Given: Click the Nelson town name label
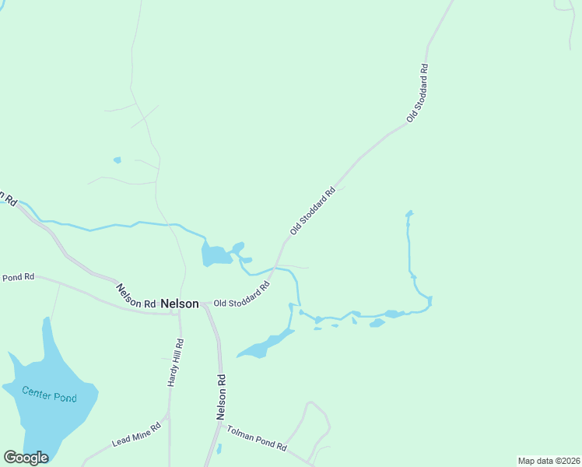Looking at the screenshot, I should (x=180, y=304).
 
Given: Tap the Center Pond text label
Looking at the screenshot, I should (x=49, y=395).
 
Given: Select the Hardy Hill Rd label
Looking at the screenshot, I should (x=175, y=363).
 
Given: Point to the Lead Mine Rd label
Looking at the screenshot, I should (x=136, y=434).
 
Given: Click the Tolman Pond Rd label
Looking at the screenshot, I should (x=256, y=439).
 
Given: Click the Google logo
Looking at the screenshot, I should (x=26, y=458).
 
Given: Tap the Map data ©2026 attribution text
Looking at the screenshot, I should (x=548, y=461).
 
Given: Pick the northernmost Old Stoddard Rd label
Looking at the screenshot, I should (x=418, y=93).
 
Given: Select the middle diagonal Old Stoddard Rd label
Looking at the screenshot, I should (x=312, y=211).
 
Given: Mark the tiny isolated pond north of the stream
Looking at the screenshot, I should (x=117, y=160).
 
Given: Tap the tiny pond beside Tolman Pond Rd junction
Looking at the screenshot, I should (x=219, y=448).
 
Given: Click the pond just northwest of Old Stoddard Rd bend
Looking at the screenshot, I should (x=216, y=255).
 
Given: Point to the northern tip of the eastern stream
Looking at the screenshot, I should (x=409, y=212).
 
